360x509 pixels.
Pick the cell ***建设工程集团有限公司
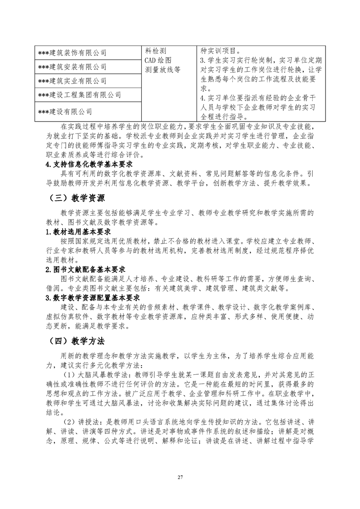(x=80, y=95)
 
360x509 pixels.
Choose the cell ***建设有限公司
(x=65, y=111)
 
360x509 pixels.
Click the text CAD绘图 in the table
(x=158, y=60)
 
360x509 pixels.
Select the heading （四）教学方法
(x=76, y=341)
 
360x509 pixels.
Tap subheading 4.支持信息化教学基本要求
(x=89, y=165)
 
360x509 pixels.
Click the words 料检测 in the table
(x=156, y=50)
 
